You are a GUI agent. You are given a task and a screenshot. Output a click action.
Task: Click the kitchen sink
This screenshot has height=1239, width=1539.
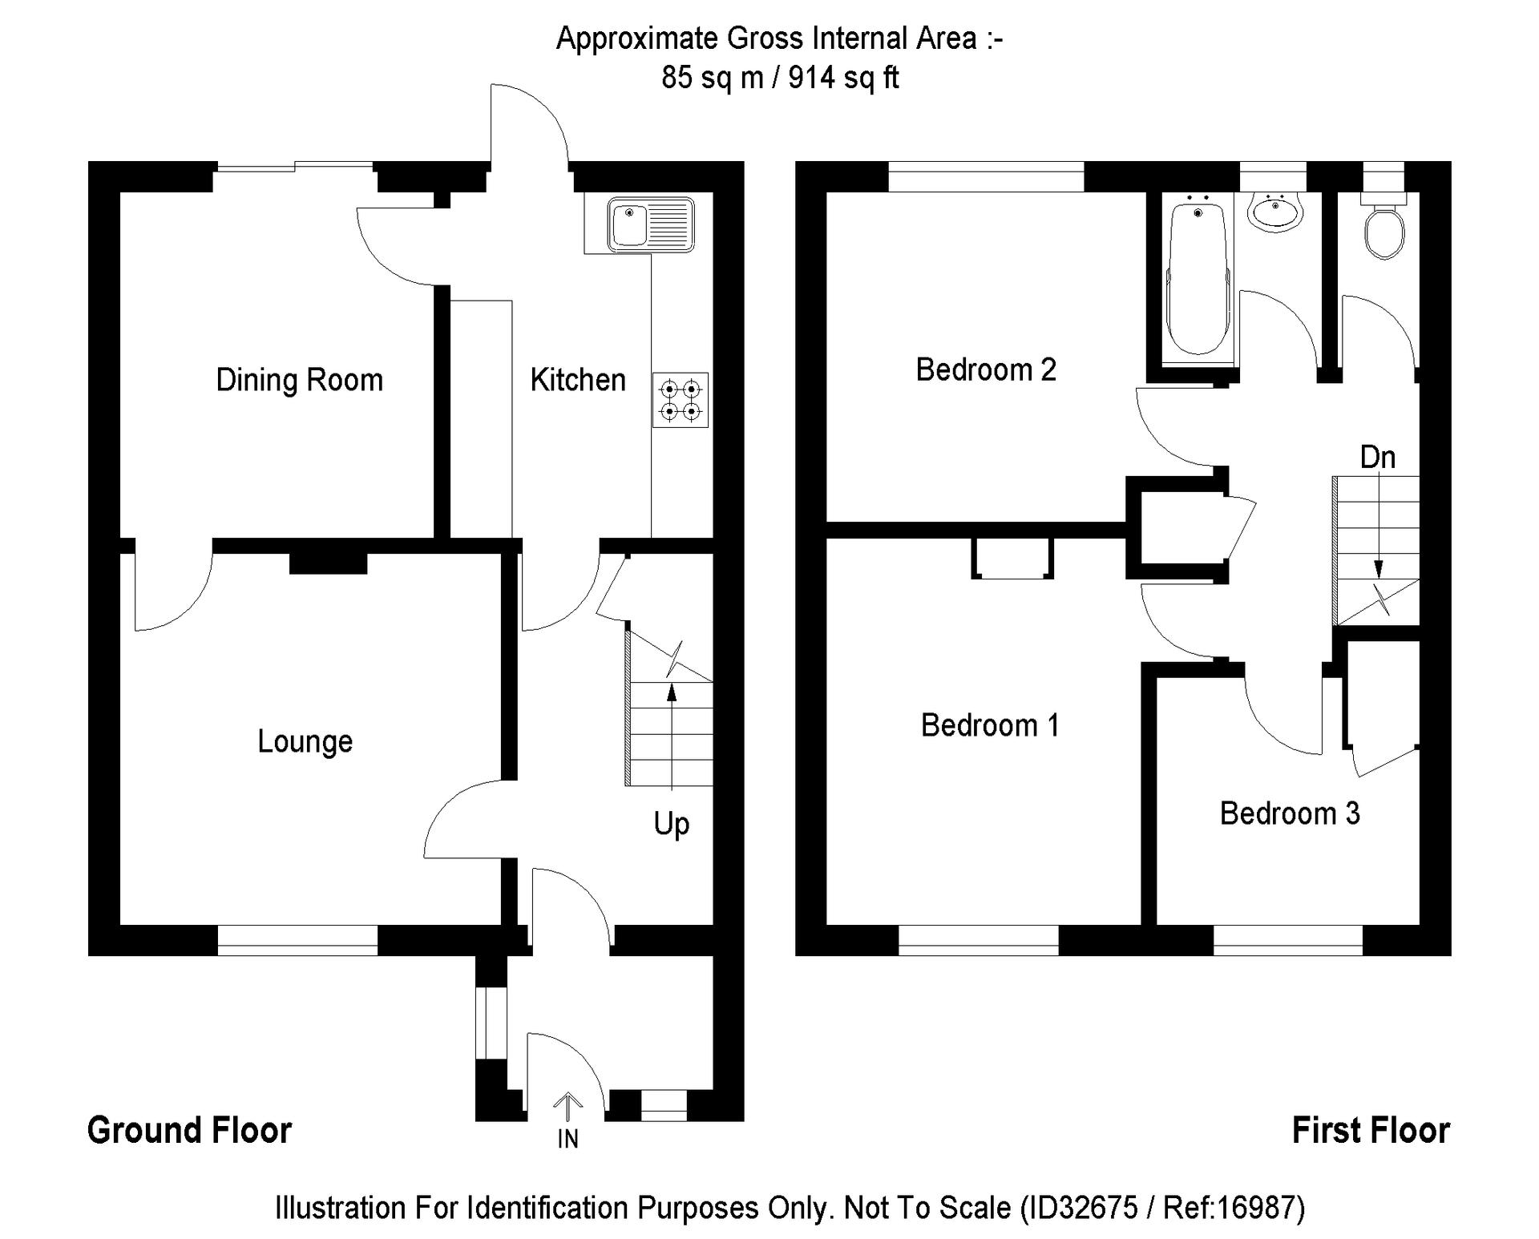coord(650,224)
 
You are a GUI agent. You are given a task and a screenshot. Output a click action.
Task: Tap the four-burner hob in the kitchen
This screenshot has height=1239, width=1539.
coord(680,400)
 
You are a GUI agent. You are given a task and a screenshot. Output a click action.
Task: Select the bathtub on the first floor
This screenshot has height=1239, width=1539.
coord(1198,276)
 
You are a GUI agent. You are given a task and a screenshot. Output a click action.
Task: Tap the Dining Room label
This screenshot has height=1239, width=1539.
coord(299,380)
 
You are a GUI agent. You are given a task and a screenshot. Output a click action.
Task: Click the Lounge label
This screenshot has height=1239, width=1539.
coord(305,741)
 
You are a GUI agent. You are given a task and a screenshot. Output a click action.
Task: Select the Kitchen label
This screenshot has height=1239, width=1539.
coord(578,380)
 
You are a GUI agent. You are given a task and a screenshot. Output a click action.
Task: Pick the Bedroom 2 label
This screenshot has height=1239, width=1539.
coord(986,369)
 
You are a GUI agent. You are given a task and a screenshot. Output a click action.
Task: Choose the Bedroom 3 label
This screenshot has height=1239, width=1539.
coord(1290,813)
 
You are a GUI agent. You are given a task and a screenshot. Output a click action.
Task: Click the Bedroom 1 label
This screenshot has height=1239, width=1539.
coord(990,725)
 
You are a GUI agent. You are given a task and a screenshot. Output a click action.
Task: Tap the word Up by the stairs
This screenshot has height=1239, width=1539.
coord(671,824)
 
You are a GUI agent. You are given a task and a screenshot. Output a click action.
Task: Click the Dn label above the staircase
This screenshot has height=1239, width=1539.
coord(1377,458)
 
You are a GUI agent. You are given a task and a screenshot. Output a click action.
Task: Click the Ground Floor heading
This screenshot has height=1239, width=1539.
coord(189,1131)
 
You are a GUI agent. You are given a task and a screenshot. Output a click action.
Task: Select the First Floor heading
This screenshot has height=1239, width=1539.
coord(1371,1131)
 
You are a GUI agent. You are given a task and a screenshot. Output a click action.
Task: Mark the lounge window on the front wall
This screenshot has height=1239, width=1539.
coord(297,940)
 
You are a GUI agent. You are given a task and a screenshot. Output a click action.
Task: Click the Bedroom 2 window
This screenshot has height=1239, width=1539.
coord(986,176)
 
